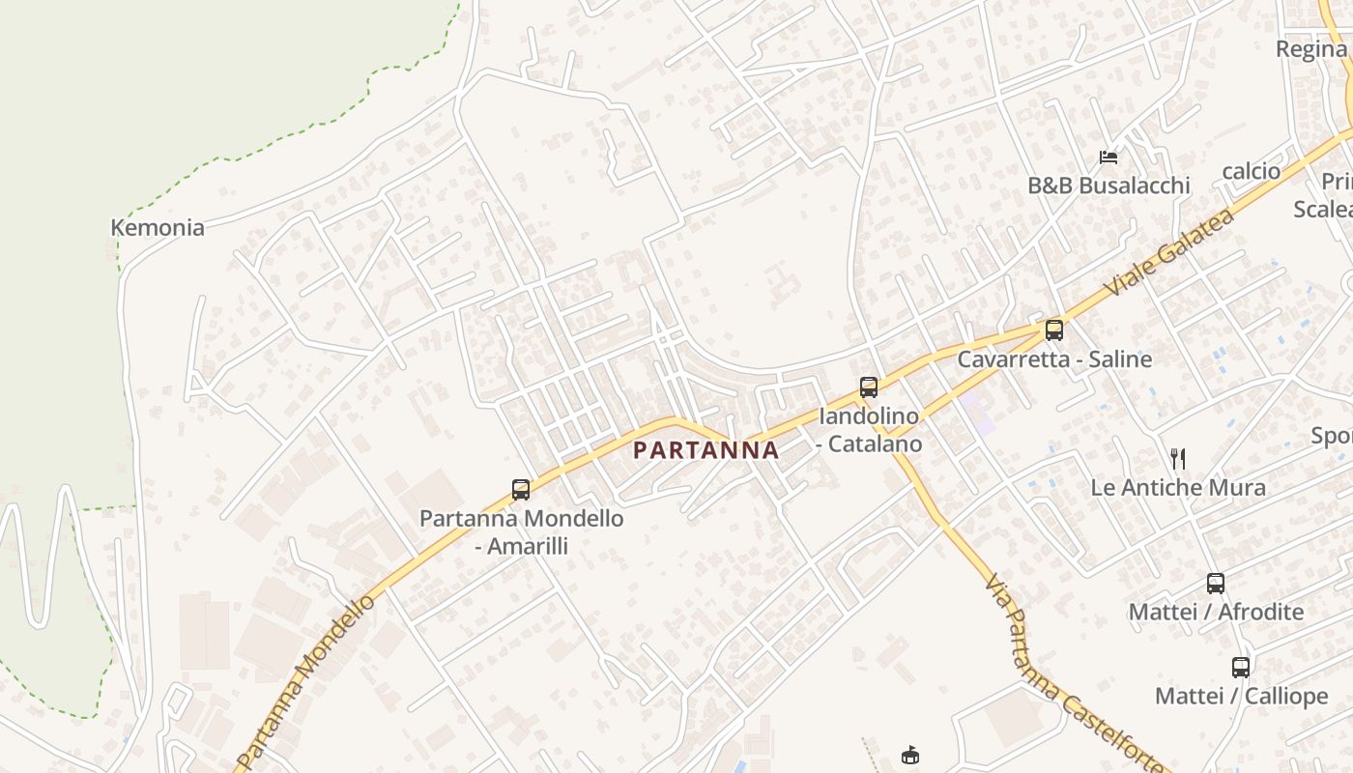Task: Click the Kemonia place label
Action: pyautogui.click(x=158, y=228)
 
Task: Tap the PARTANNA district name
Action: pyautogui.click(x=706, y=450)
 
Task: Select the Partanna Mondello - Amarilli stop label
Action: pyautogui.click(x=521, y=531)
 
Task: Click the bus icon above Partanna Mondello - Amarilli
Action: pyautogui.click(x=521, y=490)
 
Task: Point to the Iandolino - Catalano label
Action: pyautogui.click(x=869, y=430)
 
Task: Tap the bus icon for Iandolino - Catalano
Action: pyautogui.click(x=869, y=387)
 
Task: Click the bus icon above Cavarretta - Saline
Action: pyautogui.click(x=1054, y=330)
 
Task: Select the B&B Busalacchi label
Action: pyautogui.click(x=1108, y=186)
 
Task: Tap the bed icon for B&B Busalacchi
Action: pyautogui.click(x=1108, y=157)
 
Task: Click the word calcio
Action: pyautogui.click(x=1251, y=171)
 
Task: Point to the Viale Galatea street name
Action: pyautogui.click(x=1170, y=253)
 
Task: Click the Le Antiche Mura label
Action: pyautogui.click(x=1178, y=488)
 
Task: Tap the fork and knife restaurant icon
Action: pyautogui.click(x=1177, y=458)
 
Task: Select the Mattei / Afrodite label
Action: pyautogui.click(x=1216, y=612)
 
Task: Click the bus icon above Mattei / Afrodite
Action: pyautogui.click(x=1216, y=584)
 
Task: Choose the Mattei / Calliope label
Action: pyautogui.click(x=1241, y=696)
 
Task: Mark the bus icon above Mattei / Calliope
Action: pyautogui.click(x=1241, y=667)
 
